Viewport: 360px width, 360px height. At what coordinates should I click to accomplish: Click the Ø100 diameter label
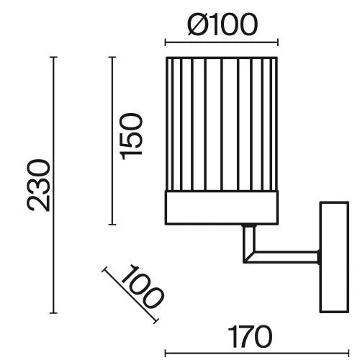pyautogui.click(x=222, y=24)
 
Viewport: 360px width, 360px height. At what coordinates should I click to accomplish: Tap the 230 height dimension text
pyautogui.click(x=39, y=185)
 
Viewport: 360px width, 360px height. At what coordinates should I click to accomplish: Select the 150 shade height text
pyautogui.click(x=131, y=137)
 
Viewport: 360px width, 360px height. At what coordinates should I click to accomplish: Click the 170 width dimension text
pyautogui.click(x=250, y=337)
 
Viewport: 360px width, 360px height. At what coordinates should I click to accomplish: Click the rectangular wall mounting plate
pyautogui.click(x=334, y=257)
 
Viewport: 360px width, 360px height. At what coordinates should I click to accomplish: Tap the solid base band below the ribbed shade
pyautogui.click(x=222, y=207)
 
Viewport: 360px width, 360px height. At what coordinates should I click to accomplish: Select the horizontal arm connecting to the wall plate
pyautogui.click(x=284, y=257)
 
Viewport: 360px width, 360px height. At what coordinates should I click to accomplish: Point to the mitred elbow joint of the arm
pyautogui.click(x=249, y=257)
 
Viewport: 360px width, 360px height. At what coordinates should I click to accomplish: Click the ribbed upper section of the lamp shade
pyautogui.click(x=222, y=124)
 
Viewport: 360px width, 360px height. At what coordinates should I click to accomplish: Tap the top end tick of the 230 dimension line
pyautogui.click(x=53, y=57)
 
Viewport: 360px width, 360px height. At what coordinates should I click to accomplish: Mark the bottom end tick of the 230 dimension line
pyautogui.click(x=53, y=313)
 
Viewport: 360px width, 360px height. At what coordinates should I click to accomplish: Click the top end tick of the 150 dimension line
pyautogui.click(x=112, y=57)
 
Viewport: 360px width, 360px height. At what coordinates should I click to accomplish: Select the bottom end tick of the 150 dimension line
pyautogui.click(x=112, y=225)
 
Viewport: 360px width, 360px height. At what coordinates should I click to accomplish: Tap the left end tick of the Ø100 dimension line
pyautogui.click(x=166, y=42)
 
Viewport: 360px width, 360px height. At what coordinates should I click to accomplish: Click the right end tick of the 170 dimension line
pyautogui.click(x=348, y=354)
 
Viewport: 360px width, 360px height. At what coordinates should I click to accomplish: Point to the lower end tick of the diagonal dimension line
pyautogui.click(x=156, y=321)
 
